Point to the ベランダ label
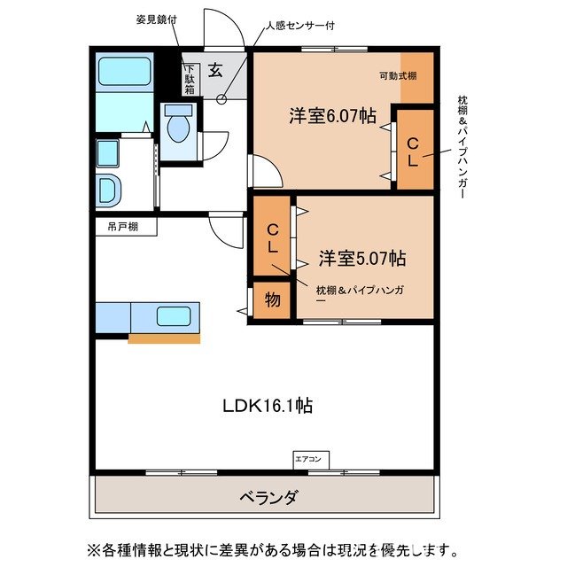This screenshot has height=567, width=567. click(x=268, y=497)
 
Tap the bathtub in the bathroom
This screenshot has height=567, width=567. click(x=124, y=72)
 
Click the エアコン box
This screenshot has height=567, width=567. click(x=310, y=459)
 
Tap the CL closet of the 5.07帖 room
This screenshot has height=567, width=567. click(x=274, y=238)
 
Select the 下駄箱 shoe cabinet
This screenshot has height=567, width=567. click(x=190, y=79)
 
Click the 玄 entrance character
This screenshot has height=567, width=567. click(x=215, y=71)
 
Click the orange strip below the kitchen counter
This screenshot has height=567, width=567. click(x=164, y=338)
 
